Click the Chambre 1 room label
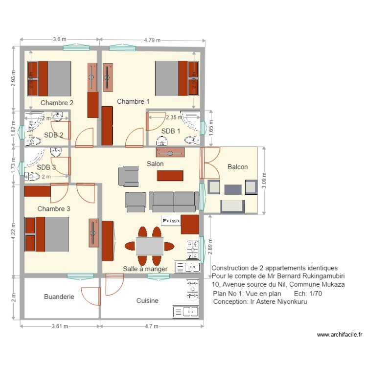(x=133, y=101)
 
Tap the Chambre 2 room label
(x=57, y=103)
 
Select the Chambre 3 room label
(x=54, y=209)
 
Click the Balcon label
(x=238, y=167)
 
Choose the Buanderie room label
(x=59, y=297)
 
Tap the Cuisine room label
(x=147, y=301)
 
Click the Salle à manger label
(x=145, y=269)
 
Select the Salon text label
(x=155, y=163)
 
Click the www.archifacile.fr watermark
(x=339, y=335)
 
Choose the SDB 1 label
(x=171, y=131)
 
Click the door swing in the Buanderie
(x=89, y=298)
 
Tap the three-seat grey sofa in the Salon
(x=174, y=201)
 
